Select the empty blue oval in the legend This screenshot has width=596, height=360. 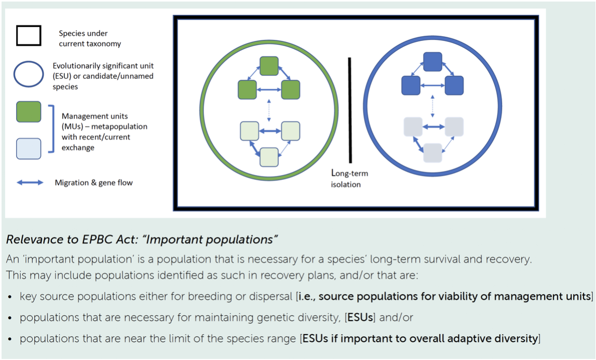pos(29,74)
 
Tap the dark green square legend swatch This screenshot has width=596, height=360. pos(29,112)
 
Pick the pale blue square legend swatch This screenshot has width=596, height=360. pos(29,148)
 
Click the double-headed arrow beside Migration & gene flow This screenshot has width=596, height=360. pos(30,183)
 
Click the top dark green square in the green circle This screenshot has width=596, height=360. pos(269,66)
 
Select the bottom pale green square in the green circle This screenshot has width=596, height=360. pos(269,157)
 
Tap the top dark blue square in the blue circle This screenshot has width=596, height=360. pos(433,62)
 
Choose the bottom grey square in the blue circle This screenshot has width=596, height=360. pos(433,153)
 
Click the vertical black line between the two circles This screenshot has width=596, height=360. pos(350,109)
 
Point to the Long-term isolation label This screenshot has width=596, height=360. pos(349,178)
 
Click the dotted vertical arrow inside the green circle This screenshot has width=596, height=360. pos(268,110)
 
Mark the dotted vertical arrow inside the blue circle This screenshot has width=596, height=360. pos(433,107)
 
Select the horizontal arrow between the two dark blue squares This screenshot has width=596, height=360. pos(433,85)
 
